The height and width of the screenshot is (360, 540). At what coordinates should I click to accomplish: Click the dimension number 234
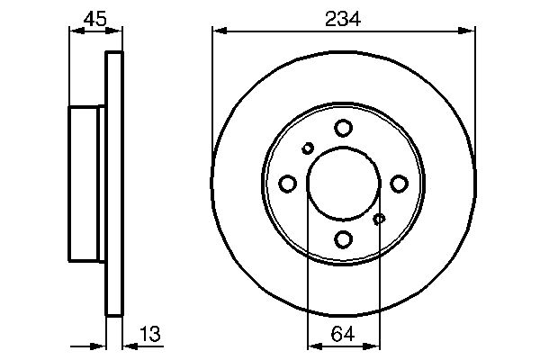343,19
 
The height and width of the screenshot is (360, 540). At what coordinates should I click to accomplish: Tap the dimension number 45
95,19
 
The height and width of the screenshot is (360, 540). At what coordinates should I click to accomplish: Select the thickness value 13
150,334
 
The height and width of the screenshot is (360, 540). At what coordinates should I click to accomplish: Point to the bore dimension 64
343,334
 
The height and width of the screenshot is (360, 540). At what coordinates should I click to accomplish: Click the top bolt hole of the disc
344,128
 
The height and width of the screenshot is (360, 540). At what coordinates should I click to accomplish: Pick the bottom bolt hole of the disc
344,239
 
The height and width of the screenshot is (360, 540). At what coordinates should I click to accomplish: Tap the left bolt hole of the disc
288,184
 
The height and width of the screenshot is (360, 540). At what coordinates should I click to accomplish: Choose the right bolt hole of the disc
399,184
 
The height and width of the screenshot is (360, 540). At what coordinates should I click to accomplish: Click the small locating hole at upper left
308,148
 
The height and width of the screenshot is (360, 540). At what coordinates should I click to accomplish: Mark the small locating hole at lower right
379,219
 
